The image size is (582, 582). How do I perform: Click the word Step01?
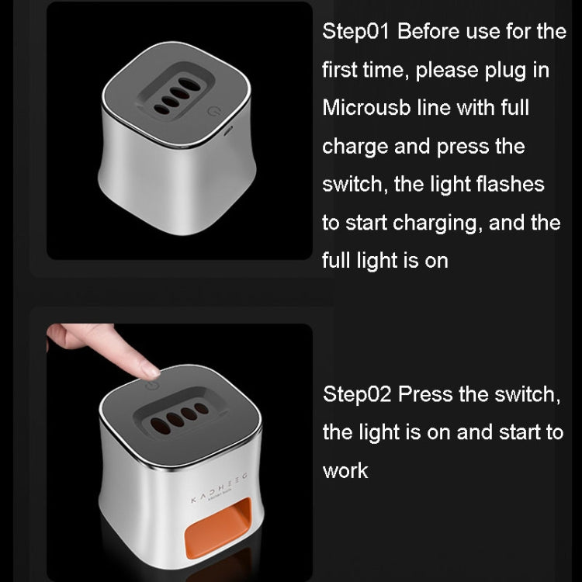point(355,31)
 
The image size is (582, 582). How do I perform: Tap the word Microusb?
point(366,108)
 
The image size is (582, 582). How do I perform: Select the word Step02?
point(357,394)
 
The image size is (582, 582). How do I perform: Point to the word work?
point(345,471)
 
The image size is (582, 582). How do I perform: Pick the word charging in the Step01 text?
point(434,223)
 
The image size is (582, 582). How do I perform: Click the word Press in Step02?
point(426,394)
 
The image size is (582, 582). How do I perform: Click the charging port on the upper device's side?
point(228,130)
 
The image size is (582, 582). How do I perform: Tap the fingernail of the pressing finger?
point(150,372)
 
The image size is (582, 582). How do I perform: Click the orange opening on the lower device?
point(218,527)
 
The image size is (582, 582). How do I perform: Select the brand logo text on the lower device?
point(219,488)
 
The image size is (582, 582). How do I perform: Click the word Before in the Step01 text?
point(428,31)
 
